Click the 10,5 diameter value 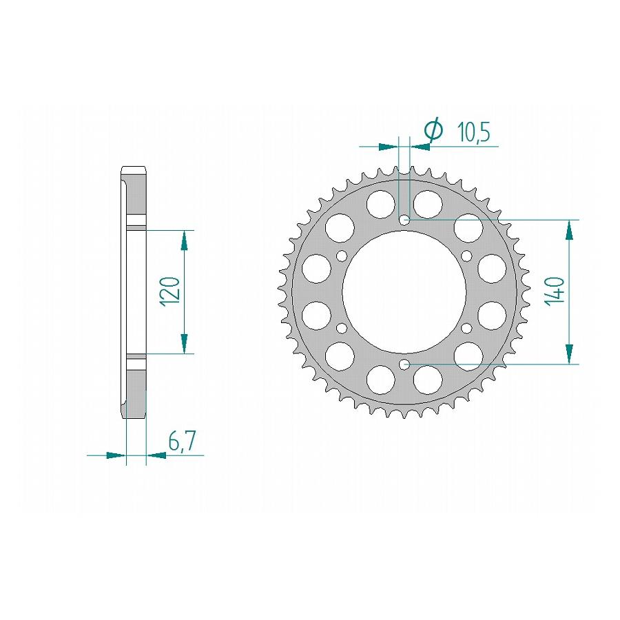click(x=473, y=132)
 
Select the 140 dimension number click(x=555, y=291)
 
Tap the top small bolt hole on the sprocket click(x=404, y=219)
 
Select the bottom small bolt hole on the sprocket click(x=404, y=364)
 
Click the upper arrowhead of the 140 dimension click(x=569, y=231)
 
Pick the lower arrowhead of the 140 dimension click(x=569, y=353)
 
